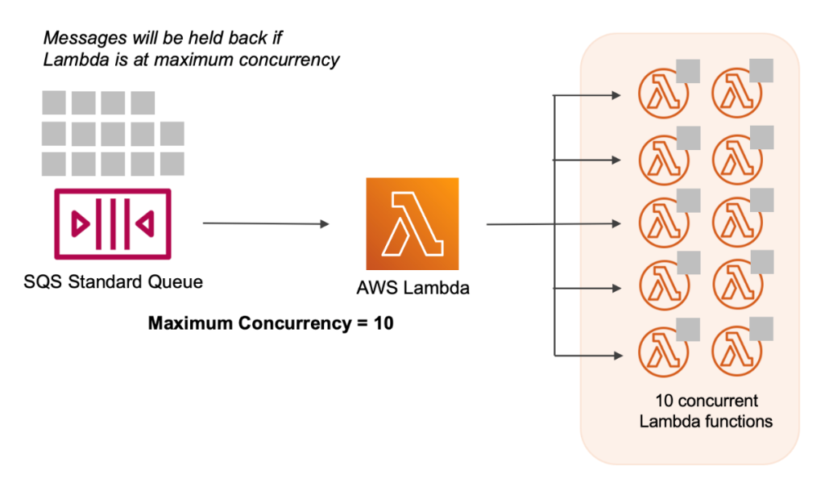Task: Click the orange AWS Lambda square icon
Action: click(412, 223)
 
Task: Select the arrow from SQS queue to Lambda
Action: click(266, 223)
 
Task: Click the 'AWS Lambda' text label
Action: click(412, 288)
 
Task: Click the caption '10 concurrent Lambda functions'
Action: click(705, 410)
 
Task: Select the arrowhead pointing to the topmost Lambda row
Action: click(616, 96)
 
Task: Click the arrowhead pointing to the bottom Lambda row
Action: click(616, 354)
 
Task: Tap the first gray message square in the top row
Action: click(54, 102)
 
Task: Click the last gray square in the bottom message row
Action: click(172, 164)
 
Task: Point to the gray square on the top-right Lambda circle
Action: click(761, 70)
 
